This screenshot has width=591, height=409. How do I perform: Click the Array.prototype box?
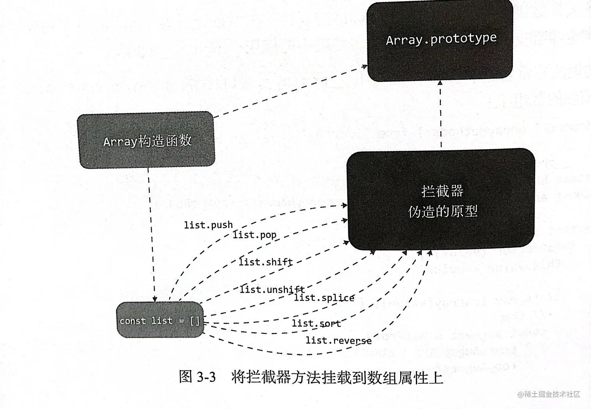click(x=440, y=40)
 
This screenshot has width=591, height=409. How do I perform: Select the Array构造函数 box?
click(x=147, y=141)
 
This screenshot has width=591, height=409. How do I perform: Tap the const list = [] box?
click(x=160, y=321)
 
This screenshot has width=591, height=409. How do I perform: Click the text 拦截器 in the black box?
click(x=442, y=191)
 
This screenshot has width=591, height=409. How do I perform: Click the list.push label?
click(x=208, y=225)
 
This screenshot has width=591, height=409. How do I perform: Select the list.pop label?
click(x=254, y=235)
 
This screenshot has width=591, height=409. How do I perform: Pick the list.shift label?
click(x=266, y=262)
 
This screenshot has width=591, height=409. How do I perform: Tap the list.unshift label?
click(x=272, y=290)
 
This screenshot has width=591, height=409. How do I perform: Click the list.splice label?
click(x=324, y=298)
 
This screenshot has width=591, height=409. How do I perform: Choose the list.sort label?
click(x=316, y=323)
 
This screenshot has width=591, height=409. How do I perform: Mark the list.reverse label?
click(x=338, y=341)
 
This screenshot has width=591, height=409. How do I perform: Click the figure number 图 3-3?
click(x=197, y=377)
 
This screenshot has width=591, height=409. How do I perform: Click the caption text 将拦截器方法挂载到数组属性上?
click(x=337, y=377)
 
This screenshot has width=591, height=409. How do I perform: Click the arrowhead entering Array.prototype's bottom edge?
click(x=440, y=83)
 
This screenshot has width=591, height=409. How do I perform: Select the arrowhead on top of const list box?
click(x=155, y=299)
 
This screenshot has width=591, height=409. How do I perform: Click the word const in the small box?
click(x=133, y=321)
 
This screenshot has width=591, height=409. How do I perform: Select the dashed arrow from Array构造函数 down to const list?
click(x=151, y=235)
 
